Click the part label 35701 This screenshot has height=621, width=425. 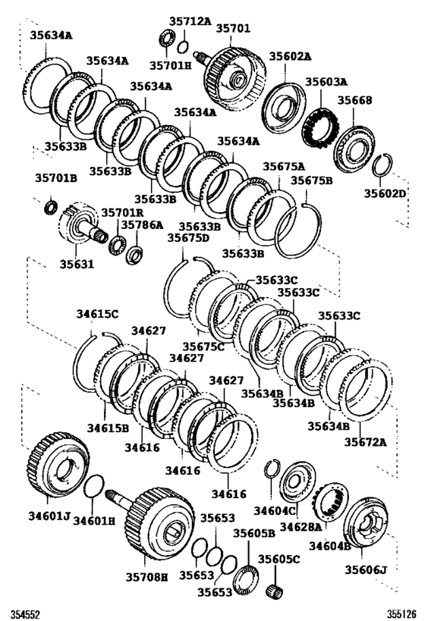point(233,28)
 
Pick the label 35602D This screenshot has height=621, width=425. point(385,193)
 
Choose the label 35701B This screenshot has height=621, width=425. point(55,179)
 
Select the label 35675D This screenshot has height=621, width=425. point(187,238)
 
